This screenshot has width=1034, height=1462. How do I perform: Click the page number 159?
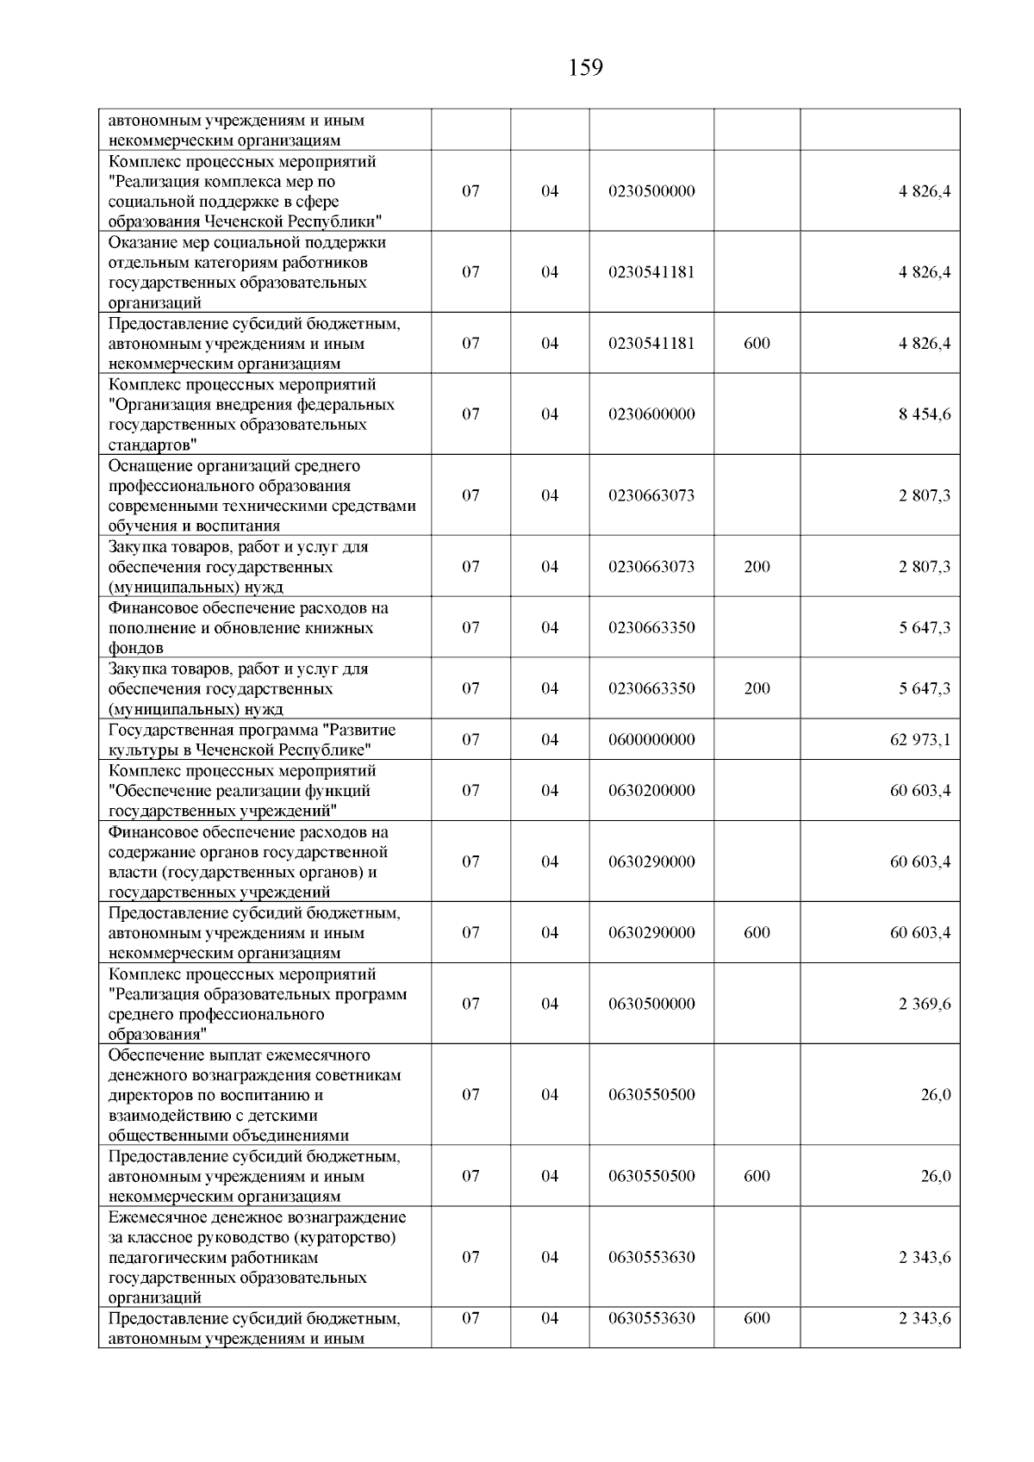coord(586,68)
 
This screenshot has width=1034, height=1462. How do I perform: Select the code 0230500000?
coord(651,191)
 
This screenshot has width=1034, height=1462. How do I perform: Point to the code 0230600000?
coord(651,414)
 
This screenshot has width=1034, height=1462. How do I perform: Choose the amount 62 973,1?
coord(920,740)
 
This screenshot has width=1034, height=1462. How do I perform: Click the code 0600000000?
coord(651,740)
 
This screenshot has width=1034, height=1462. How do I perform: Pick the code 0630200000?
coord(651,791)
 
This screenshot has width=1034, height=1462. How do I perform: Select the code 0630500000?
coord(651,1005)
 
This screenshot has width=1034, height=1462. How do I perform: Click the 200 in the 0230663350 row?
coord(757,688)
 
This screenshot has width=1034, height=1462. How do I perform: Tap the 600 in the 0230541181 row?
coord(757,344)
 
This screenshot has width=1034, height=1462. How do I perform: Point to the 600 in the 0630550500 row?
coord(757,1177)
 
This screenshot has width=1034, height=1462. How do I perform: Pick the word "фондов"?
coord(135,649)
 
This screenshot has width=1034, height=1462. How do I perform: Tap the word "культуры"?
coord(140,750)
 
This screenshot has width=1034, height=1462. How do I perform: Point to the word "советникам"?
coord(360,1076)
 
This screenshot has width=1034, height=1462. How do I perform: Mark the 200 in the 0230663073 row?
coord(757,567)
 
